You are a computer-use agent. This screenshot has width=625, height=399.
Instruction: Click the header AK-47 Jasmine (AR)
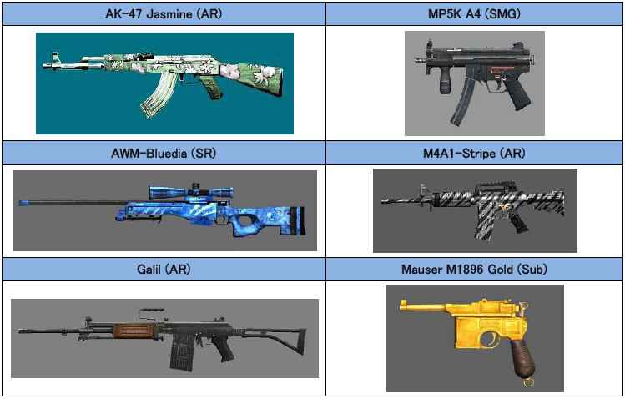click(163, 13)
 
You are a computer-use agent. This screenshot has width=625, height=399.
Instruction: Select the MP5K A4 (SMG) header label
click(475, 13)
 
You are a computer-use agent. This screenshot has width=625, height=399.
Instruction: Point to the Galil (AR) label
click(163, 269)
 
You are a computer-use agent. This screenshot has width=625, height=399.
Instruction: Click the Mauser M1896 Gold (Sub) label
click(475, 269)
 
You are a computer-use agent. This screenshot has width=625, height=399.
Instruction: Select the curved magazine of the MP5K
click(461, 104)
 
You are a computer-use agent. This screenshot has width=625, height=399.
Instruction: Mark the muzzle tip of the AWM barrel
click(22, 201)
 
